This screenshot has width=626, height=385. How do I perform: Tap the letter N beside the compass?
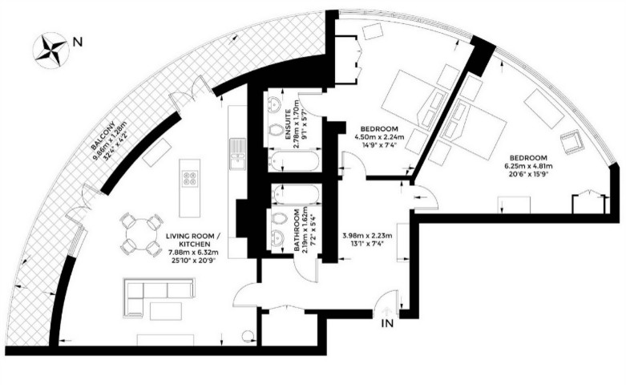pos(78,41)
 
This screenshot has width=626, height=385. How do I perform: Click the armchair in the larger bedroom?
pos(571,143)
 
